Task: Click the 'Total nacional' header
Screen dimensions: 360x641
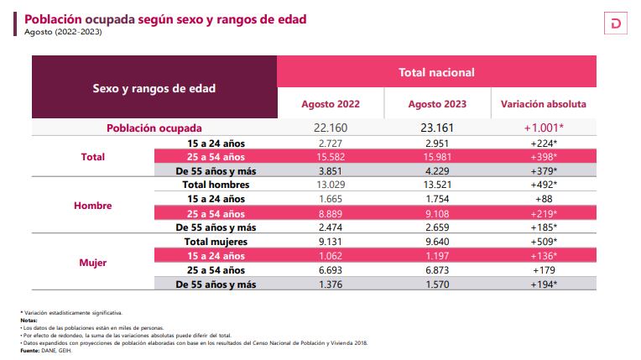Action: [436, 72]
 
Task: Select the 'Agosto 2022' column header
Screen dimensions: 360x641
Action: [331, 105]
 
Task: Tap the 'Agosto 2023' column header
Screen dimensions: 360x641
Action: [437, 105]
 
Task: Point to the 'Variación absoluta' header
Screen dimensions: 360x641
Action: [543, 105]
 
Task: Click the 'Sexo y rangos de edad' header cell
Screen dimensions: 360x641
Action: [154, 87]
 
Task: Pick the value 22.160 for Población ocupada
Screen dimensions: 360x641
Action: [331, 128]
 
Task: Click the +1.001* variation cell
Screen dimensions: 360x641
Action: [543, 128]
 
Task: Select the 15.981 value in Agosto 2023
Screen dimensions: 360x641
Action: [437, 157]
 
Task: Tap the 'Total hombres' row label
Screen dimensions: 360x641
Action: [216, 185]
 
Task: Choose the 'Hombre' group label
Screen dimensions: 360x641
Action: [92, 206]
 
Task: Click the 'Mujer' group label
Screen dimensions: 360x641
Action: [92, 262]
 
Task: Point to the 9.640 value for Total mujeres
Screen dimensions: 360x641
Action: [437, 241]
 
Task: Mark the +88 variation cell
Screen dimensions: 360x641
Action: [543, 199]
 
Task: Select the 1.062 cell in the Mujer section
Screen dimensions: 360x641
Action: [331, 255]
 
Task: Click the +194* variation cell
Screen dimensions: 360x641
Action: [543, 284]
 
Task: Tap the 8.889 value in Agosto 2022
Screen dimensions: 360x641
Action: [331, 213]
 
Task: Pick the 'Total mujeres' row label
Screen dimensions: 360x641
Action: [216, 241]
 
